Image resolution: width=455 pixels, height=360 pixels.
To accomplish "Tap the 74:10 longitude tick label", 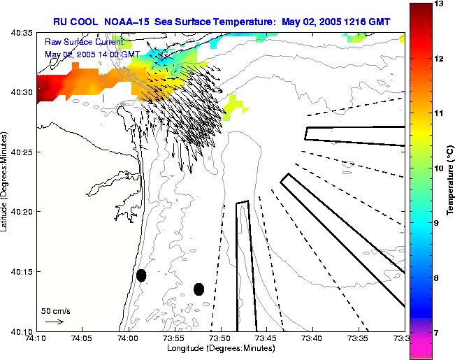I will point(36,339).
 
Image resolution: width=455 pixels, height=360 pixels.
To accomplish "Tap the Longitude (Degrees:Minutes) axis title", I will point(219,349).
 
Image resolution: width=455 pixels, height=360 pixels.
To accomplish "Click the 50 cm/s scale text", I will point(56,310).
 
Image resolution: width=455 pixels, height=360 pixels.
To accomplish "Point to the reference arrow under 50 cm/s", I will point(54,322).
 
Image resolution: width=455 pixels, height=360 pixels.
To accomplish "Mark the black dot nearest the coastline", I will point(141,275).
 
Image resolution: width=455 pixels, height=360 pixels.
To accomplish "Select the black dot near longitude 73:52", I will point(199,289).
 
